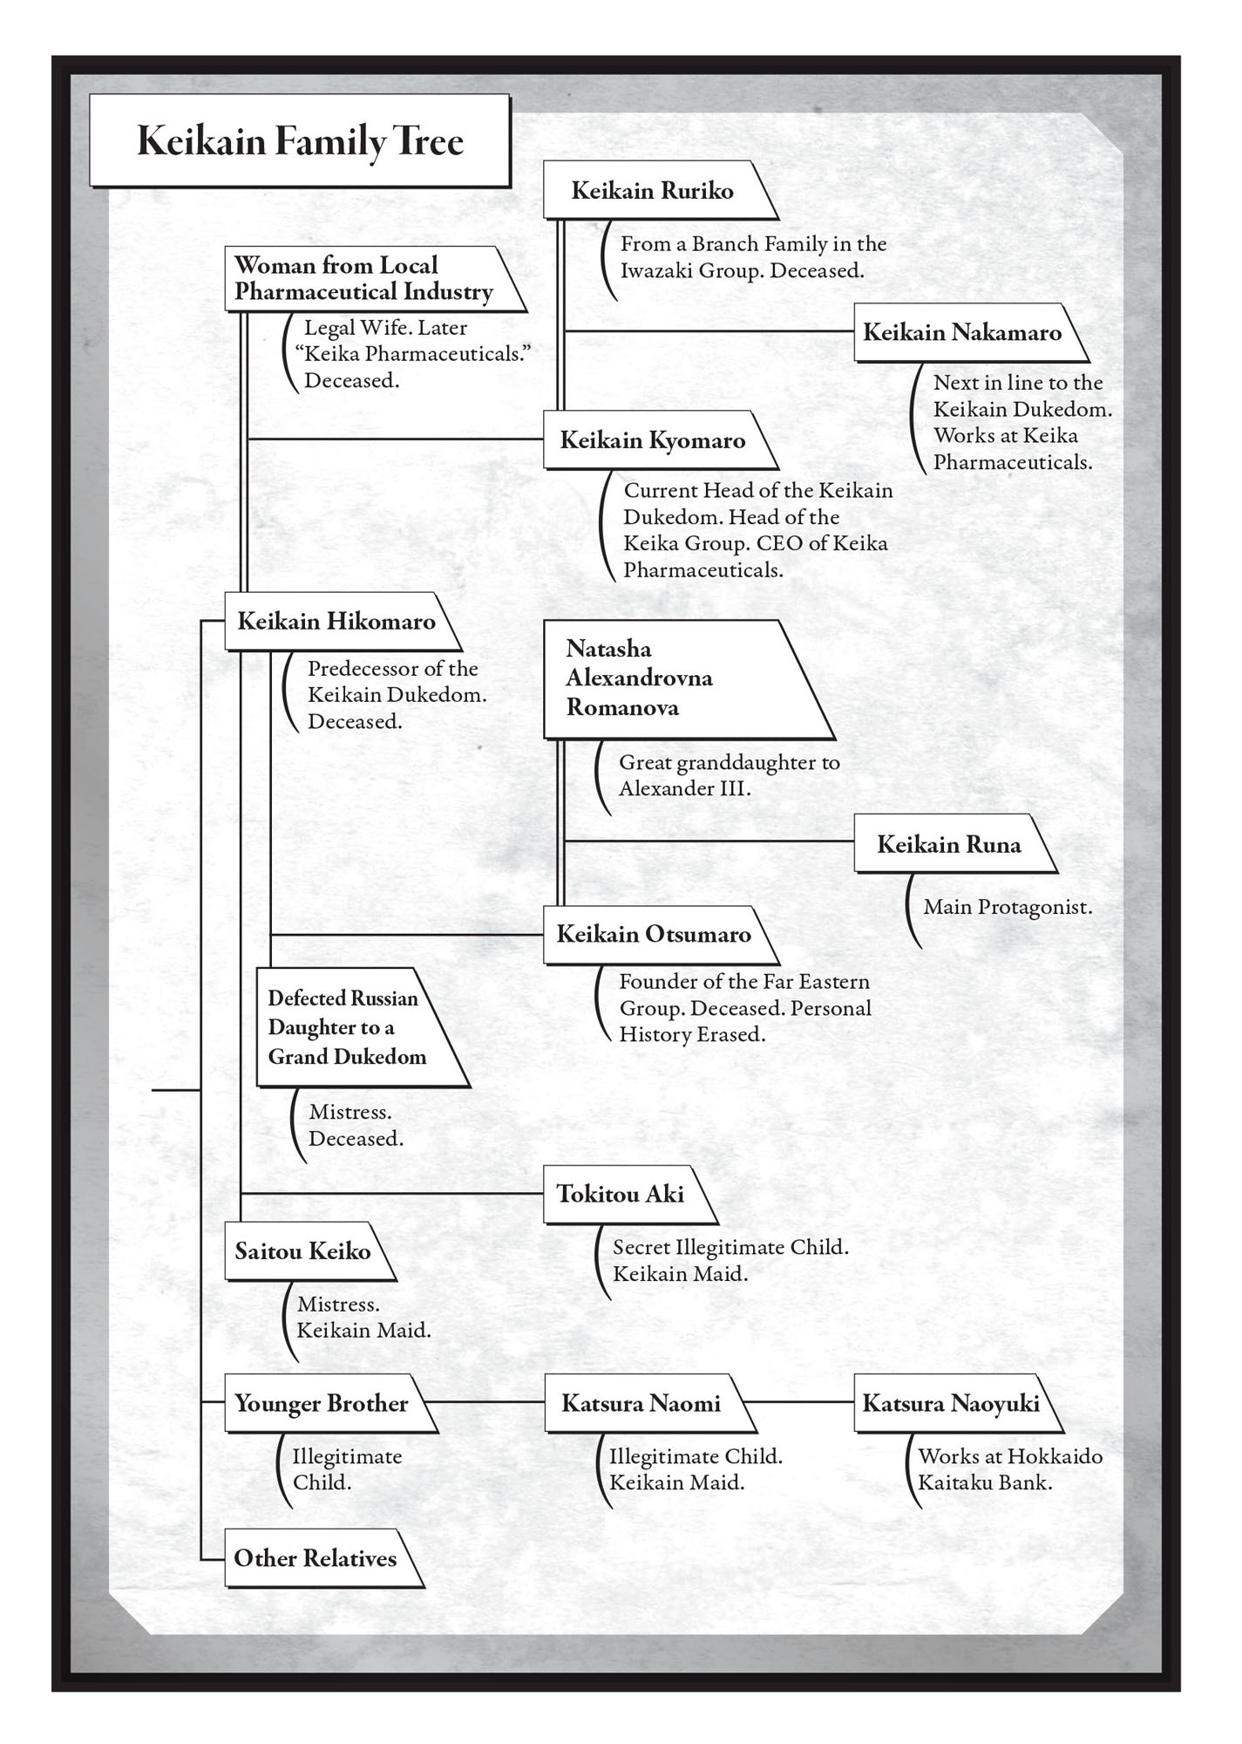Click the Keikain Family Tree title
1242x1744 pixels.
click(x=300, y=141)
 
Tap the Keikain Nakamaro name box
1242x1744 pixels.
click(x=962, y=332)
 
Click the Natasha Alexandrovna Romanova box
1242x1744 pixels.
click(x=662, y=678)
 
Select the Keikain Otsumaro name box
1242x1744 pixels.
click(x=653, y=935)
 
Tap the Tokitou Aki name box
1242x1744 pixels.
click(x=621, y=1194)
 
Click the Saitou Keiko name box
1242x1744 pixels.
click(x=302, y=1251)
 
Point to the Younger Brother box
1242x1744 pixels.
click(x=321, y=1404)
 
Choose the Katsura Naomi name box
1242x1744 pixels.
click(x=641, y=1404)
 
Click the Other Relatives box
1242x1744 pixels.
click(x=315, y=1558)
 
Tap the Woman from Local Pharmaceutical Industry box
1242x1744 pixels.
click(x=363, y=278)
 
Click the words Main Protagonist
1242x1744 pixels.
click(x=1007, y=907)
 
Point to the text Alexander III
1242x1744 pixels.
click(x=685, y=789)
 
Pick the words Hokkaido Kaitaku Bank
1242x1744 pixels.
click(x=1010, y=1469)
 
